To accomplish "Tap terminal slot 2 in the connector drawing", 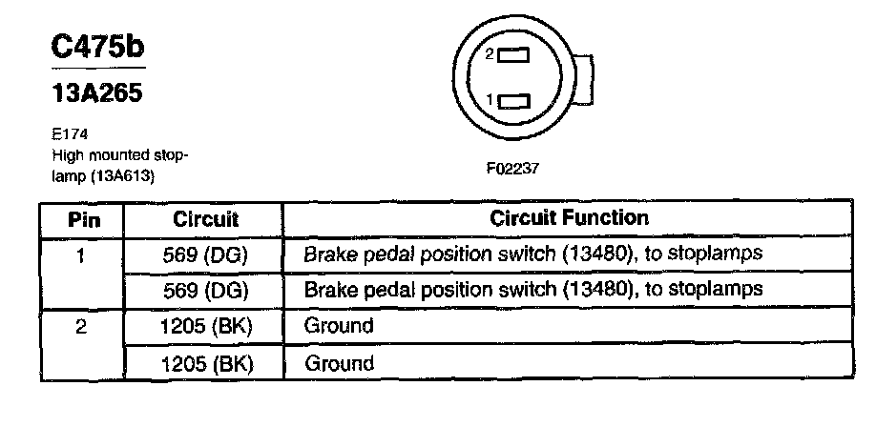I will tap(514, 56).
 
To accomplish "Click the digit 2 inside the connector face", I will tap(490, 55).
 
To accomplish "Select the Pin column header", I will tap(82, 218).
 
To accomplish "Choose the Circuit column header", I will tap(205, 218).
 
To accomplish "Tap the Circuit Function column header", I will tap(569, 218).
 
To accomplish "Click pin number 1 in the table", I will tap(82, 254).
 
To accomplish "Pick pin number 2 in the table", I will tap(82, 327).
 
